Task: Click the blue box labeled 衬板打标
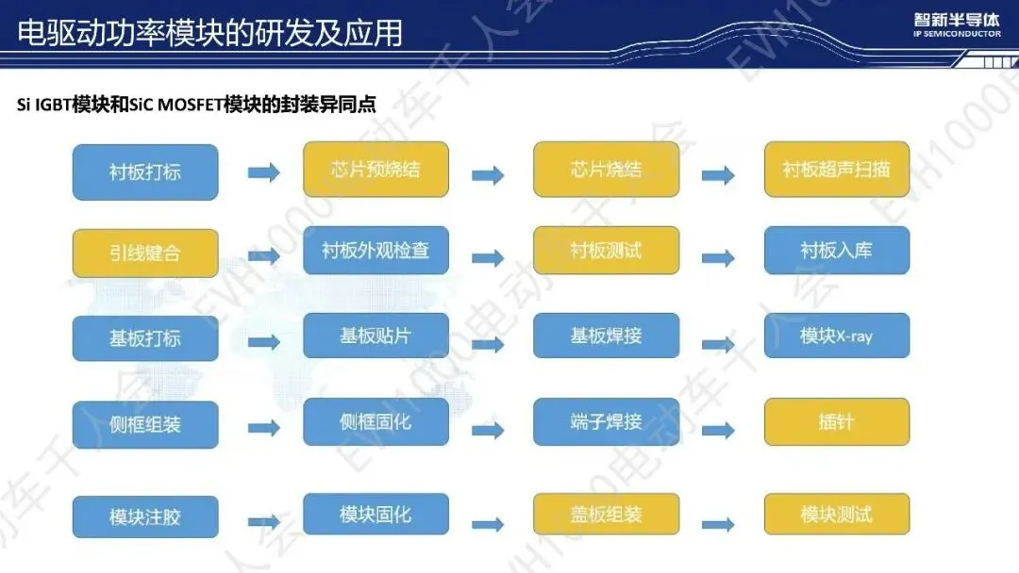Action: click(x=145, y=172)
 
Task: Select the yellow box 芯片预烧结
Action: click(x=376, y=170)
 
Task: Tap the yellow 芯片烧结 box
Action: click(x=606, y=170)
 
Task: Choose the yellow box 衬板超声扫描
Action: click(x=836, y=170)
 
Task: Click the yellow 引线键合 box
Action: click(x=145, y=254)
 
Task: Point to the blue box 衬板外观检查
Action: click(x=376, y=251)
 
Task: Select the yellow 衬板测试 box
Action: click(x=606, y=251)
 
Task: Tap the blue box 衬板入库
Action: click(x=836, y=251)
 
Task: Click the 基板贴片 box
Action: click(x=376, y=336)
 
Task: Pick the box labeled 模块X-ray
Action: click(x=836, y=336)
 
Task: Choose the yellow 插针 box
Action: click(x=836, y=421)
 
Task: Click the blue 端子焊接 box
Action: click(x=606, y=421)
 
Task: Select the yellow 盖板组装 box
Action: click(x=606, y=515)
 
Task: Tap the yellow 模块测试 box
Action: click(x=836, y=515)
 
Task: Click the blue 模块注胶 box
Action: click(x=145, y=517)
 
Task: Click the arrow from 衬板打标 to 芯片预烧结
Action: click(x=263, y=173)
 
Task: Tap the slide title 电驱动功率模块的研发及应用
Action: click(x=209, y=33)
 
